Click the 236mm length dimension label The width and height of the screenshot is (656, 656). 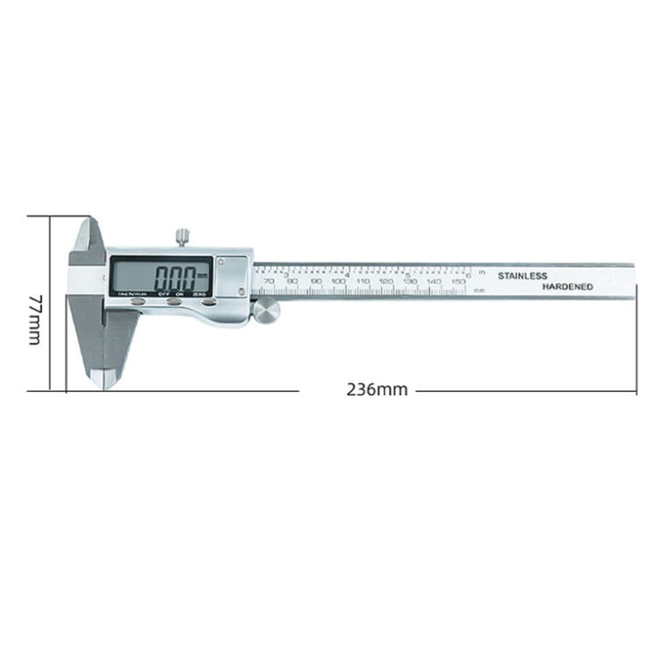[x=377, y=390]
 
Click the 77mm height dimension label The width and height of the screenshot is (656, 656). [x=34, y=319]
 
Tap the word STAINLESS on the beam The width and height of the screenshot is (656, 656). [x=522, y=276]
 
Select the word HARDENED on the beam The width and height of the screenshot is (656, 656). [x=567, y=287]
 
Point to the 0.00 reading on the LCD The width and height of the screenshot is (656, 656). [x=174, y=278]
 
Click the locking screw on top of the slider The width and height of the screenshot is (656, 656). [x=181, y=236]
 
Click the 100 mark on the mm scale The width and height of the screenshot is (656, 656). [x=338, y=292]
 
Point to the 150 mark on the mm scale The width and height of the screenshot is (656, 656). [x=457, y=292]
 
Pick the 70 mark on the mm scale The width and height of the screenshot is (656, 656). [x=269, y=292]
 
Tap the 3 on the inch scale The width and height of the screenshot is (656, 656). [x=288, y=275]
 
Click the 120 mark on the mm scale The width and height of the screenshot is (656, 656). [x=386, y=292]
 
